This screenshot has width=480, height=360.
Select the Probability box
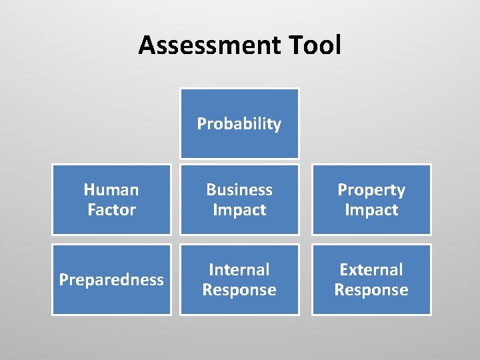pos(239,124)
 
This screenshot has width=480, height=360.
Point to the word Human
pos(111,190)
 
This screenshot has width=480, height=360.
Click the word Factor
pos(111,210)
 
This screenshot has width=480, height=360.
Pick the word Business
pos(239,190)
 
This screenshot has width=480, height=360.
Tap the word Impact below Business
pos(239,210)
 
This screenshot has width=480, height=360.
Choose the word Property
pos(371,190)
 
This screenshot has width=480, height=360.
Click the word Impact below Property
pos(371,210)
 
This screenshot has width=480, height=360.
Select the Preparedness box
pos(111,280)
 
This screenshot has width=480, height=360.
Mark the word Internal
pos(239,270)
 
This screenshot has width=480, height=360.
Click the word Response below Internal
pos(239,290)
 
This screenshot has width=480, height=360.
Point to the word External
pos(371,270)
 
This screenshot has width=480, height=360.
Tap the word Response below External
pos(371,290)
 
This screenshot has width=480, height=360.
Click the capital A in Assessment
pos(148,45)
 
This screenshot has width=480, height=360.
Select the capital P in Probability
pos(201,124)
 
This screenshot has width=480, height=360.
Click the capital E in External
pos(344,270)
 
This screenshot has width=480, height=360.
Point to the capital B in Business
pos(211,190)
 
